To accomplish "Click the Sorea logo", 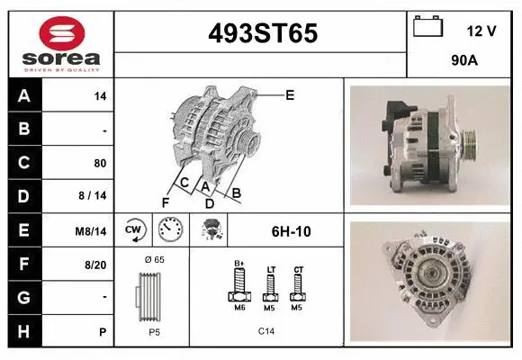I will pos(60,44).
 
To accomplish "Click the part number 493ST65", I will pos(262,33).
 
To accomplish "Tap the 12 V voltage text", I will pos(481,31).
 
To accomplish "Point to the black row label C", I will pos(24,163).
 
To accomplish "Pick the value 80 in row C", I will pos(99,163).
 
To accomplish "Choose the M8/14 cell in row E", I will pos(92,231).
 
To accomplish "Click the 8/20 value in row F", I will pos(95,265).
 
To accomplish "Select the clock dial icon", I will pos(170,230).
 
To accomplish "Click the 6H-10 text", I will pos(291,231).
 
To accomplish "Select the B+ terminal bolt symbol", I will pos(240,284).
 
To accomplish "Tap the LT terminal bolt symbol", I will pos(270,285).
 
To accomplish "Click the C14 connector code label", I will pos(267,331).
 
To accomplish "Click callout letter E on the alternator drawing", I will pos(290,94).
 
